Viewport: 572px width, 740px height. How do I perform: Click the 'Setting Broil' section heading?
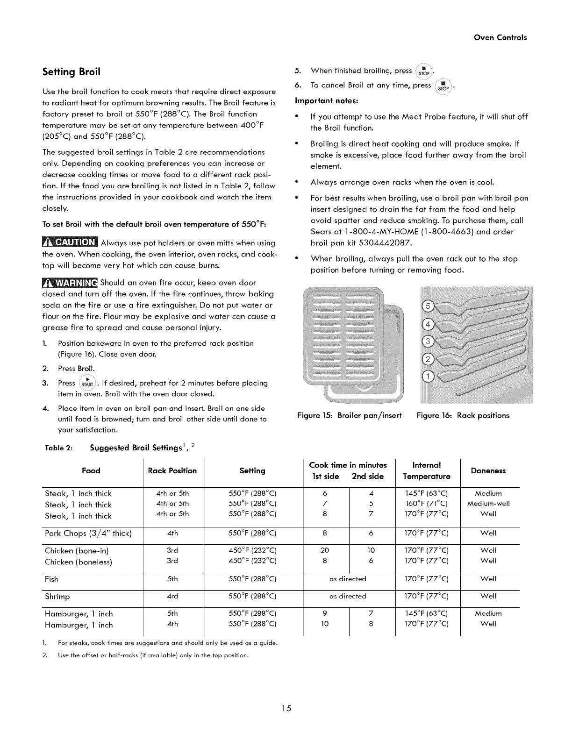tap(71, 72)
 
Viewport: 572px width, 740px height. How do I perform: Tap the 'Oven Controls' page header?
tap(500, 37)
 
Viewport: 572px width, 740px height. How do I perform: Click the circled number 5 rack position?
tap(428, 307)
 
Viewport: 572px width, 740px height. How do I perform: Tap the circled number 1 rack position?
tap(428, 377)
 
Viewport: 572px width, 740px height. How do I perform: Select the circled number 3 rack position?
tap(428, 342)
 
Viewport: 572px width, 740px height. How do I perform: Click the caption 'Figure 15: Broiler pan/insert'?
tap(350, 415)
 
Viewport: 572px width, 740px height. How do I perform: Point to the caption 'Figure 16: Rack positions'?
tap(463, 415)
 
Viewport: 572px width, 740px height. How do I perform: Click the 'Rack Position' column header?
tap(172, 470)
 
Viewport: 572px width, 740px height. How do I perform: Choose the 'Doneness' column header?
tap(488, 470)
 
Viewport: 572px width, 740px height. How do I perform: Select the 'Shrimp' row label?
tap(57, 597)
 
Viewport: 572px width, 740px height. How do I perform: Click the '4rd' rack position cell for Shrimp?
tap(172, 597)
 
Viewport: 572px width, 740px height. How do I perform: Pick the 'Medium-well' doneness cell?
tap(488, 504)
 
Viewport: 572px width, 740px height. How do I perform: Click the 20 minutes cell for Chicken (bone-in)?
tap(325, 550)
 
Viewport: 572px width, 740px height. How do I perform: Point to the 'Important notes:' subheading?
tap(326, 101)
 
